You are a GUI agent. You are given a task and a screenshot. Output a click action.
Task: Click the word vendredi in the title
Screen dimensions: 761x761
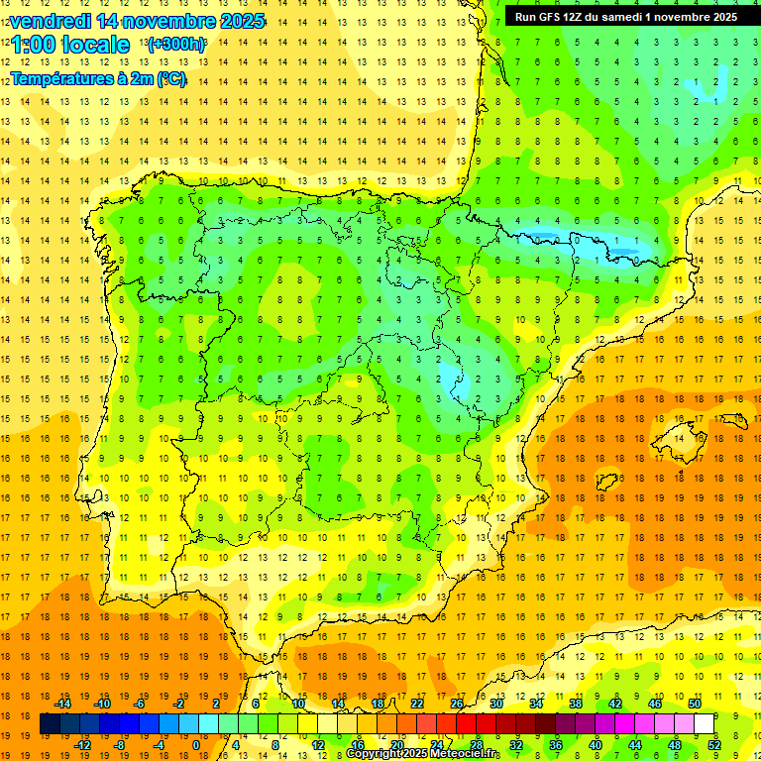[50, 21]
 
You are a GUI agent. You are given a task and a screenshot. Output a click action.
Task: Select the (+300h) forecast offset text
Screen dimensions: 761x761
[175, 45]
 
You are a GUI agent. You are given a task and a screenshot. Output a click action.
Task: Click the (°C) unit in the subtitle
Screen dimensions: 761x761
[171, 79]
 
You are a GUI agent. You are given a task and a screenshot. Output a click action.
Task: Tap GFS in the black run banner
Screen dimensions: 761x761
[552, 17]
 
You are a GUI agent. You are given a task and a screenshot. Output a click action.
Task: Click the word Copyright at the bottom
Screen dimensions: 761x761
[373, 754]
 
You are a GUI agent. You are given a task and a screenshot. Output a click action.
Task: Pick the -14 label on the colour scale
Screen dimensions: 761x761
[62, 704]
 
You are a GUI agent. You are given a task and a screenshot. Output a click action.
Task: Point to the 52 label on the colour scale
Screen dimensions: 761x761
[714, 745]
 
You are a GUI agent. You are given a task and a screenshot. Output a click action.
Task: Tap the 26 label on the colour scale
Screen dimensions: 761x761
[457, 704]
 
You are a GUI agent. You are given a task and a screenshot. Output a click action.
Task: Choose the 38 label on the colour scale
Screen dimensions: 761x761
[576, 704]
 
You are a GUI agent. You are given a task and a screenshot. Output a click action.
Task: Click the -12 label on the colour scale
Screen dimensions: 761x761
[82, 745]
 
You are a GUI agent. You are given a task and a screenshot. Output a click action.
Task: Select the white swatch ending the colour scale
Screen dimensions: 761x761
[704, 724]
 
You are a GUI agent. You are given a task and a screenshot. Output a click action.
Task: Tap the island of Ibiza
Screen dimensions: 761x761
[606, 483]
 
